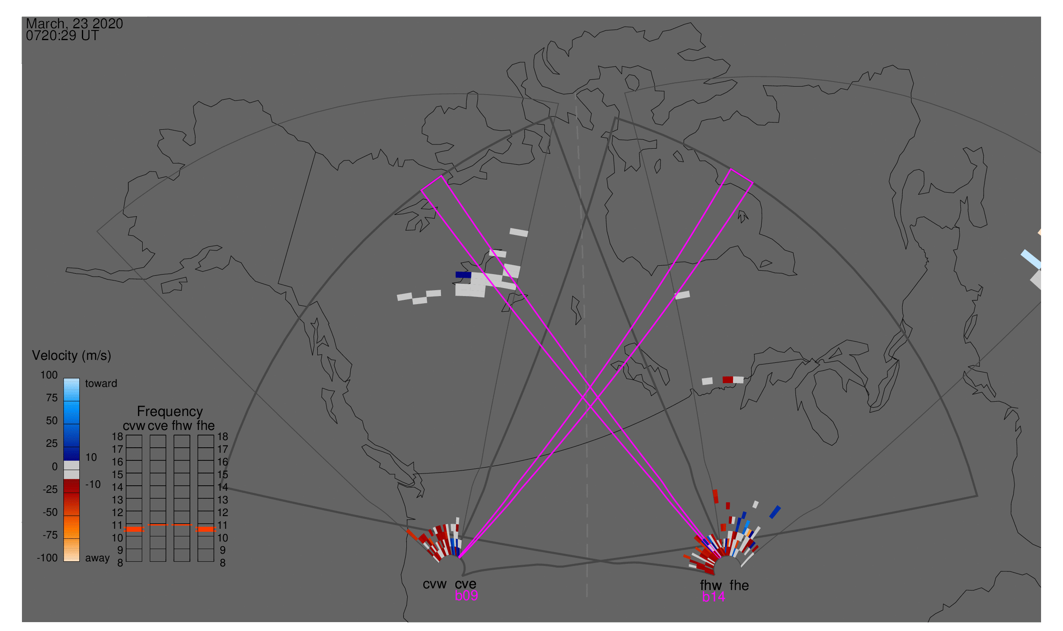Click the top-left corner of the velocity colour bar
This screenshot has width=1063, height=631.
[x=64, y=378]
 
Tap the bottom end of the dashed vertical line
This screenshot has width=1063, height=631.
[x=587, y=596]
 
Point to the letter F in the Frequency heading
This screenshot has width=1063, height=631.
[x=140, y=412]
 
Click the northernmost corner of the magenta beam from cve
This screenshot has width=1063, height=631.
[x=731, y=169]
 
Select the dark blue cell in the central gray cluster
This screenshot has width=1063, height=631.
[x=463, y=275]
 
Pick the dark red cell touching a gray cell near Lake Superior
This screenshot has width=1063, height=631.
[x=728, y=380]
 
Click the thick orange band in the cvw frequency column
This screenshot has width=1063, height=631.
[x=134, y=529]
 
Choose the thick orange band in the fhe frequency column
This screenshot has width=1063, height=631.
[x=206, y=529]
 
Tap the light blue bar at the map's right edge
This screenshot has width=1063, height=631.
[x=1031, y=259]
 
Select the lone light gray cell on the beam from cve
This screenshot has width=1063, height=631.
[x=682, y=295]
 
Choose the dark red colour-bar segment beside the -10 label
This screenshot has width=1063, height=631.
[x=71, y=486]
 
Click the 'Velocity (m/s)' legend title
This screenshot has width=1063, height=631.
[x=71, y=356]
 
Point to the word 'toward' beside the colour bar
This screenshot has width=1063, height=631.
[x=101, y=383]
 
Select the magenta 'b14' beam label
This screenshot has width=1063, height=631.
[x=713, y=597]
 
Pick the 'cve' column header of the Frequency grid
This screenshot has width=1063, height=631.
[x=158, y=426]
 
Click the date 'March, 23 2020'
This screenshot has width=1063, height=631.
[x=74, y=24]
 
